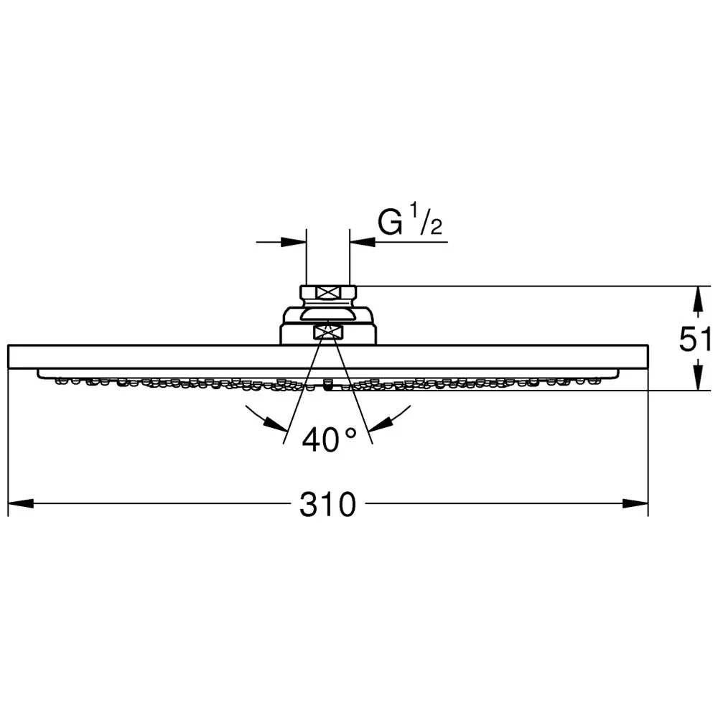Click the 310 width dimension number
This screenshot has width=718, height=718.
click(x=327, y=505)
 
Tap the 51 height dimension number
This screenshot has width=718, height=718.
click(x=694, y=340)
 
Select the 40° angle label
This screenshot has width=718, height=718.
click(x=329, y=439)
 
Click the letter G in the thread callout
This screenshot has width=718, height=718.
click(x=390, y=222)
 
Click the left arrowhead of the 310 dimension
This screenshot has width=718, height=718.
click(x=21, y=503)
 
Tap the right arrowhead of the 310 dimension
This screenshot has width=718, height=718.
click(x=635, y=503)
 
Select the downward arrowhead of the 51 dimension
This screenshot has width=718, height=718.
click(x=697, y=378)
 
